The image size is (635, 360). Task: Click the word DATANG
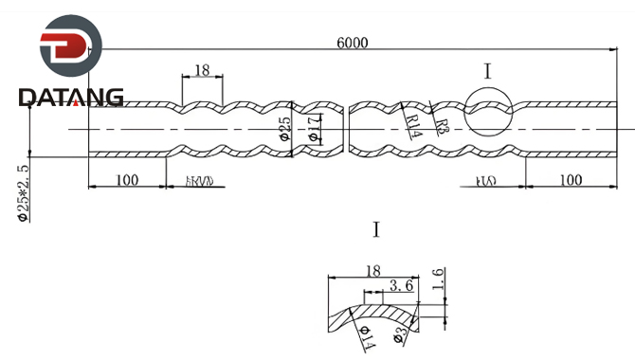point(70,98)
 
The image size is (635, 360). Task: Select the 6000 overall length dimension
point(352,43)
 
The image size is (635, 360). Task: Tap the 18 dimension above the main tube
point(201,69)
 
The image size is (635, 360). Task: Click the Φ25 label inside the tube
point(284,128)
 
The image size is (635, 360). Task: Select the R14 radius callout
point(411,120)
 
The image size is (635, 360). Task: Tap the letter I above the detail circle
point(487,70)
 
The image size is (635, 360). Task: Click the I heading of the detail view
point(376,229)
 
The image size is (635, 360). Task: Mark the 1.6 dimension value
point(438,278)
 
